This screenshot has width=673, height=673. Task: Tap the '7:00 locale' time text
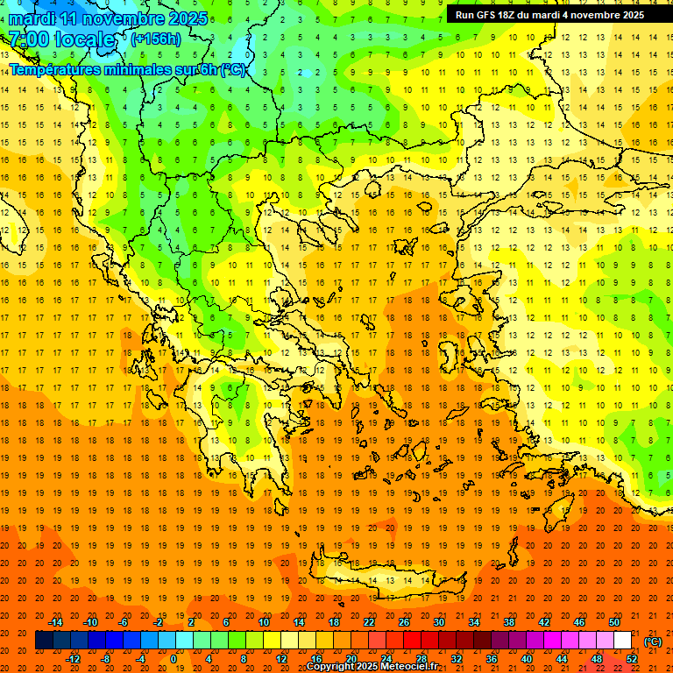(61, 39)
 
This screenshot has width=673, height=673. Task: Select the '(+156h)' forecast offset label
(155, 39)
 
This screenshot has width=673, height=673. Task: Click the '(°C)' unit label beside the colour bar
(653, 641)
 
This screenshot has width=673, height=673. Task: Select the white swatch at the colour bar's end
(622, 641)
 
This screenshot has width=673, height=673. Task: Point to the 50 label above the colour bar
(614, 622)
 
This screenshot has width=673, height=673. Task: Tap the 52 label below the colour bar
(632, 659)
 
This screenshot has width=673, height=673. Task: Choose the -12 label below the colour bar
(73, 659)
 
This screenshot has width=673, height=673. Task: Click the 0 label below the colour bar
(174, 659)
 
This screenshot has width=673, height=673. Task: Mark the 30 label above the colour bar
(439, 622)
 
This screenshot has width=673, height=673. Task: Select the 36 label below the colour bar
(492, 659)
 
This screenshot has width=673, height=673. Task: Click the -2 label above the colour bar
(158, 622)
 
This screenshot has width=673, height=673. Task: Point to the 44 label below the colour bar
(562, 659)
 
